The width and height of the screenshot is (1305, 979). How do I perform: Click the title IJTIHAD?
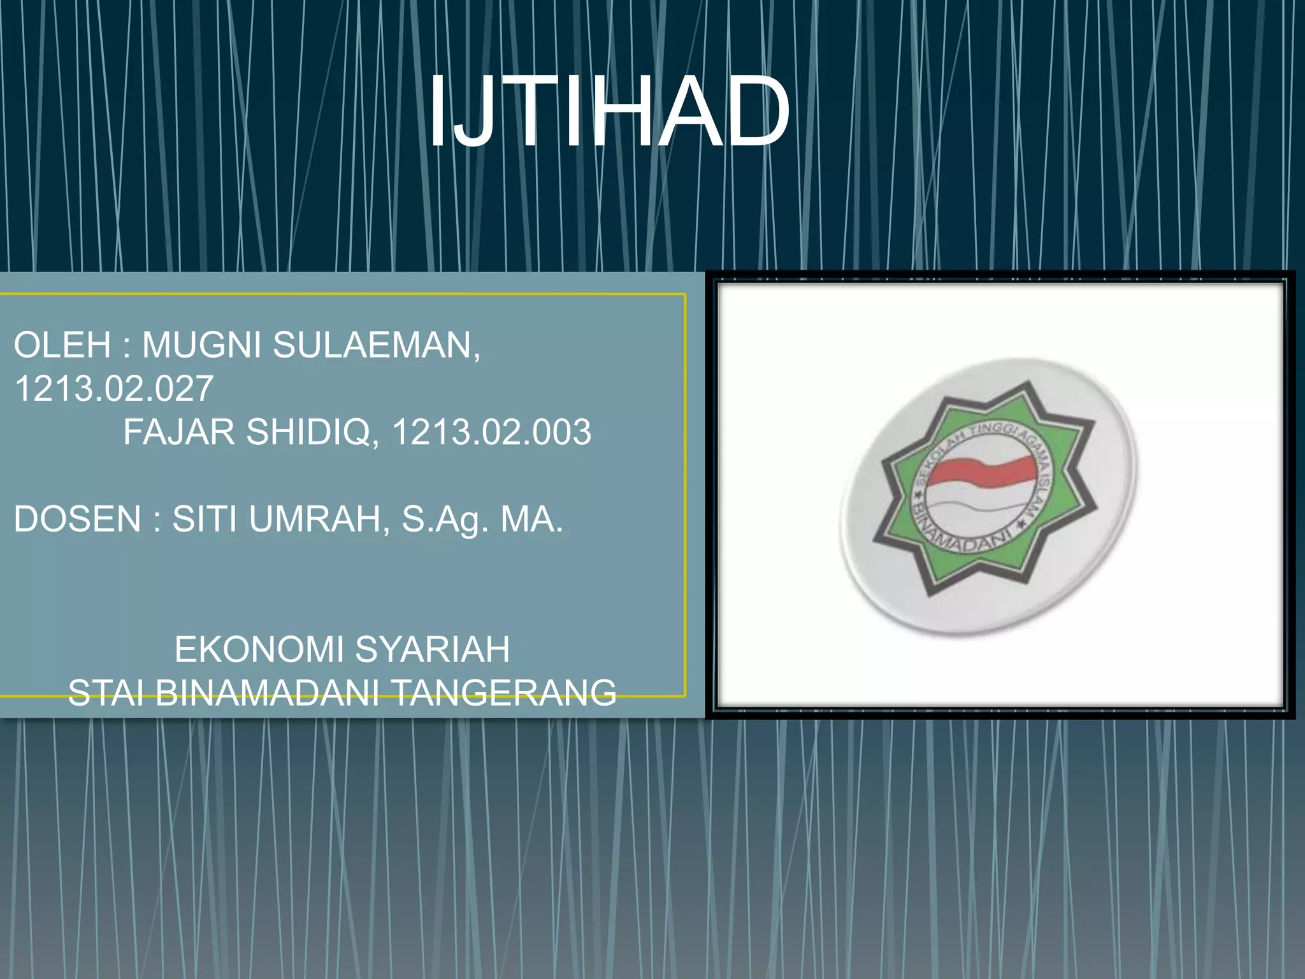[x=609, y=112]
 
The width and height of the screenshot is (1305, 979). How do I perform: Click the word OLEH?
[x=62, y=345]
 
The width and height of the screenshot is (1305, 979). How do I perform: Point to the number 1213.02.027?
[x=113, y=388]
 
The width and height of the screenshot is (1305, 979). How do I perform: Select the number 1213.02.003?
[x=491, y=431]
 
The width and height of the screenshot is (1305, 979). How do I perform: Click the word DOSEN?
[x=77, y=518]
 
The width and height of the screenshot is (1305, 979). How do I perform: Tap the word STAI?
[x=105, y=692]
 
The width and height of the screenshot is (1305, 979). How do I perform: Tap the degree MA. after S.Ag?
[x=531, y=518]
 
